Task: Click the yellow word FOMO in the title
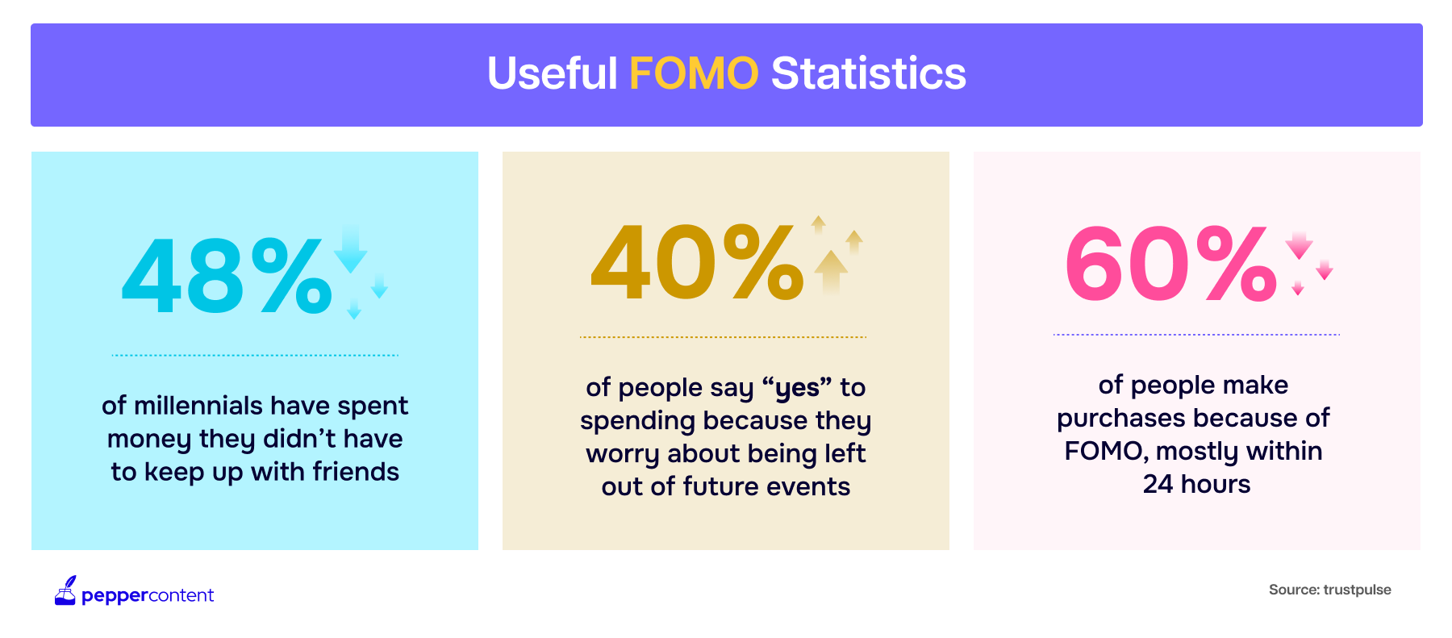pos(694,73)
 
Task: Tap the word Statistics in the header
pos(868,73)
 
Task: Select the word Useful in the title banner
pos(553,73)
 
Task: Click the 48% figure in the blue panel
pos(227,276)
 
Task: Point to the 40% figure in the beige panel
pos(698,261)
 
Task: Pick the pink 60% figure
pos(1171,262)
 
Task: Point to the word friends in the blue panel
pos(356,471)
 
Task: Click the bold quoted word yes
pos(797,388)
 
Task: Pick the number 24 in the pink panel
pos(1158,484)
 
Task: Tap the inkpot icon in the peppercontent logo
pos(65,590)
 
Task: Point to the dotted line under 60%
pos(1196,334)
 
